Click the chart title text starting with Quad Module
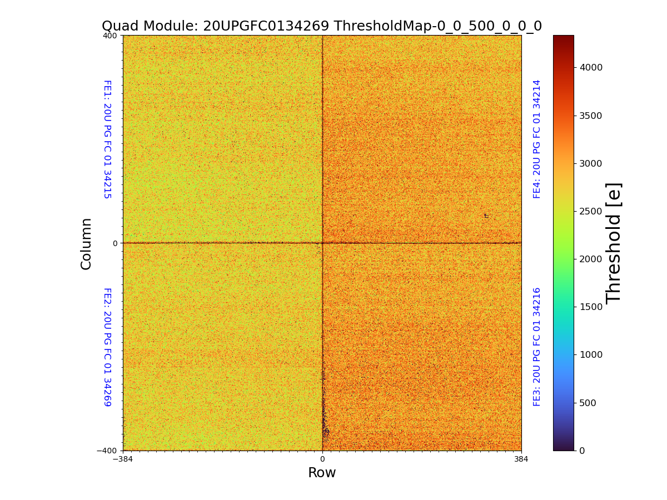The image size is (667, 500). coord(321,26)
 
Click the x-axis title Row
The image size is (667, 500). coord(322,473)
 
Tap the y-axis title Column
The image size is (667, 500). coord(86,243)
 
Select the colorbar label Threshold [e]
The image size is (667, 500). coord(613,243)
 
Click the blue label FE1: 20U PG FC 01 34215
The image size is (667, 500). coord(107,139)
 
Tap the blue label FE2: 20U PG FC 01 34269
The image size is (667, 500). coord(107,347)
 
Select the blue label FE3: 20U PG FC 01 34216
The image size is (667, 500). coord(537,347)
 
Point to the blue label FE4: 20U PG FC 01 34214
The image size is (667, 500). coord(537,139)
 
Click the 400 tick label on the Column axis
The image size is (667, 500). coord(109,36)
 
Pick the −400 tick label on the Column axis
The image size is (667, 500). coord(107,451)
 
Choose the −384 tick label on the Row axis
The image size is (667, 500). coord(123,459)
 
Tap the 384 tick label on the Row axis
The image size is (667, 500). coord(521,459)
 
